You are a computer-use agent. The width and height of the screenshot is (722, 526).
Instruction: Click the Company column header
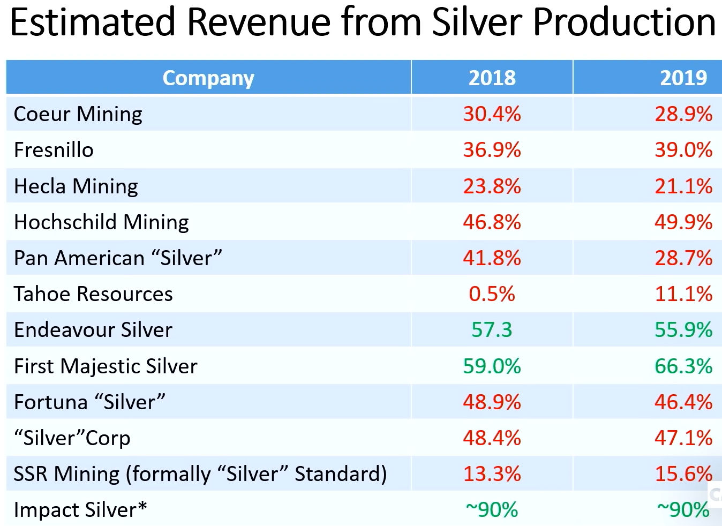(208, 78)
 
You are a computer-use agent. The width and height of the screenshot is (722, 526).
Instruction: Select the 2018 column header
(492, 78)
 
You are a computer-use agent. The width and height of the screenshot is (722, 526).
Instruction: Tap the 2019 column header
(683, 78)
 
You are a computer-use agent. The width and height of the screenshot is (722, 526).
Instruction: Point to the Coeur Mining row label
(78, 114)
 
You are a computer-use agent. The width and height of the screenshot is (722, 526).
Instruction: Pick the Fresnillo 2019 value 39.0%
(683, 150)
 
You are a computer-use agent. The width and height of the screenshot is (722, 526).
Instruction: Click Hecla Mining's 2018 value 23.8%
(492, 186)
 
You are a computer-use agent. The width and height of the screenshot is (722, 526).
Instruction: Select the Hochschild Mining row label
(101, 222)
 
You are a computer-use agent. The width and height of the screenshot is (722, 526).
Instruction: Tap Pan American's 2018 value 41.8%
(492, 258)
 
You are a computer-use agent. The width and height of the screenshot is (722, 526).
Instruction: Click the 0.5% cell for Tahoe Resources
(492, 294)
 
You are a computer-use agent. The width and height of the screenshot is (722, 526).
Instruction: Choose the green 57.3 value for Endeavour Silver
(492, 330)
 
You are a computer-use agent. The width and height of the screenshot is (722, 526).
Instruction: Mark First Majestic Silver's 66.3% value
(683, 366)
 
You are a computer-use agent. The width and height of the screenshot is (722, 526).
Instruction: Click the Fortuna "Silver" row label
(89, 402)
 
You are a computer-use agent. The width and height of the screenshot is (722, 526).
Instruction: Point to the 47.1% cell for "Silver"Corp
(683, 438)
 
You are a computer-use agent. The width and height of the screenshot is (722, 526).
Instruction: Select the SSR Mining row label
(200, 474)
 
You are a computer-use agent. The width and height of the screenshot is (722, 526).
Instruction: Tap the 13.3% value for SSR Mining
(492, 474)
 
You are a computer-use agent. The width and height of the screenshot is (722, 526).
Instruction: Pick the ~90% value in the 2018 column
(492, 510)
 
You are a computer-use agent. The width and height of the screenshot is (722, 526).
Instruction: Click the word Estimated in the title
(93, 22)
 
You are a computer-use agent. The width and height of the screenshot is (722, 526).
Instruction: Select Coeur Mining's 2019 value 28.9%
(683, 114)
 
